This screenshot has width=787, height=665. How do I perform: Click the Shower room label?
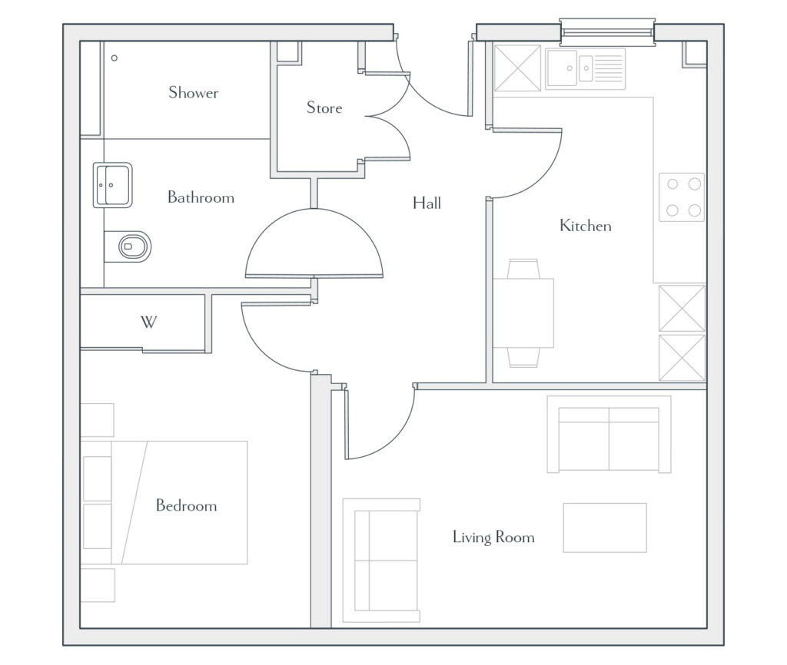(193, 93)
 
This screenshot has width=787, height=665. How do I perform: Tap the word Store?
(324, 108)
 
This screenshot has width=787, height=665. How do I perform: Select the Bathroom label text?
(201, 197)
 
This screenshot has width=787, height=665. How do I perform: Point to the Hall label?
(427, 203)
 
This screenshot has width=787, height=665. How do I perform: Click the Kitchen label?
(585, 226)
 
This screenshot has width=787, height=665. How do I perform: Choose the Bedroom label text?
(186, 505)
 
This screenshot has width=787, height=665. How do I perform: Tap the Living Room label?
(493, 537)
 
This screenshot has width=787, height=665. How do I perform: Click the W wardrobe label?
(148, 322)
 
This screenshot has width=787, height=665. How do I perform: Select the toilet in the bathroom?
(128, 246)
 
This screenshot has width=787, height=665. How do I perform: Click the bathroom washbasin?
(112, 185)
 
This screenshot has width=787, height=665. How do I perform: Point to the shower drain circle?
(115, 58)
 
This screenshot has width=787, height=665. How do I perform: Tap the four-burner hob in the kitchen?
(682, 197)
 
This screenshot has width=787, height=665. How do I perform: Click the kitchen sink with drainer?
(585, 68)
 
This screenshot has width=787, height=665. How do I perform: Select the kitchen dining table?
(523, 313)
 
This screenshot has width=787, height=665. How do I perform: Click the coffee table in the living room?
(605, 528)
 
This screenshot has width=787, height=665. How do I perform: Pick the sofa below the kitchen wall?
(609, 435)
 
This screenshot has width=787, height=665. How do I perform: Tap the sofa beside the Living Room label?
(381, 561)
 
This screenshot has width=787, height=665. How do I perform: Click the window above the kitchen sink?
(607, 32)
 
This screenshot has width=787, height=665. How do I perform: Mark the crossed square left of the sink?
(517, 68)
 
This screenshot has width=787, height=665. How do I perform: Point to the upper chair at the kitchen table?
(523, 269)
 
